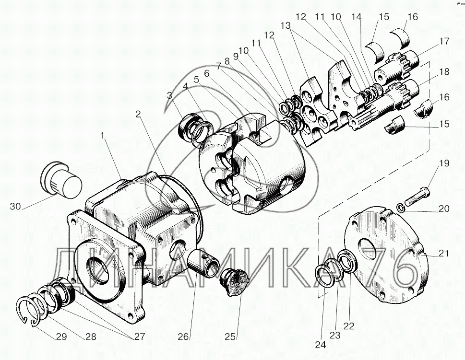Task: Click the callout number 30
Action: coord(15,207)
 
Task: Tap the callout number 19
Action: coord(444,163)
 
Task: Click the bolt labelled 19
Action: coord(416,197)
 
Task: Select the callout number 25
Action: coord(231,337)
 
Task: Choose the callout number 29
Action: coord(61,337)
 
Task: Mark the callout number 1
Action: coord(102,136)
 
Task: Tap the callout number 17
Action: coord(444,42)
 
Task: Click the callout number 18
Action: coord(444,72)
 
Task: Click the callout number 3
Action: coord(169,95)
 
